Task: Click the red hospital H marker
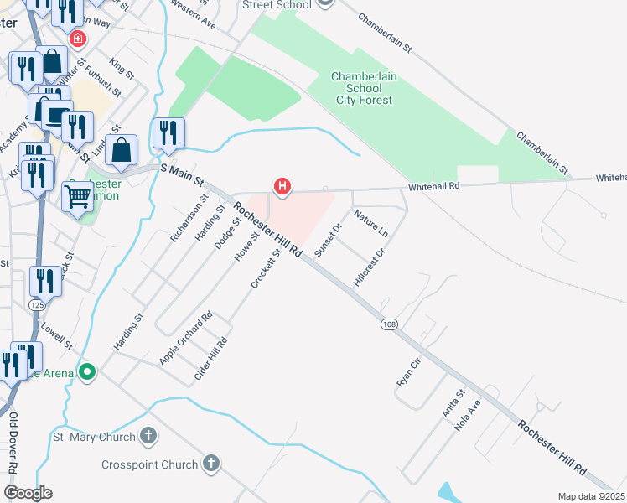pyautogui.click(x=282, y=186)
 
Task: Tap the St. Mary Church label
pyautogui.click(x=94, y=437)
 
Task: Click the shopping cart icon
pyautogui.click(x=77, y=197)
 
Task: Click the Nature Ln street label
pyautogui.click(x=371, y=223)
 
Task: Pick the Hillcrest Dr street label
pyautogui.click(x=369, y=267)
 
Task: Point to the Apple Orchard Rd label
pyautogui.click(x=186, y=339)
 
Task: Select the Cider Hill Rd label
pyautogui.click(x=211, y=358)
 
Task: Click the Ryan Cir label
pyautogui.click(x=407, y=371)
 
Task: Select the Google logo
pyautogui.click(x=28, y=493)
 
